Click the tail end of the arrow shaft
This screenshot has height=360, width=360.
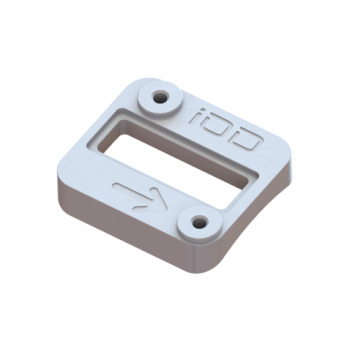tap(117, 185)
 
